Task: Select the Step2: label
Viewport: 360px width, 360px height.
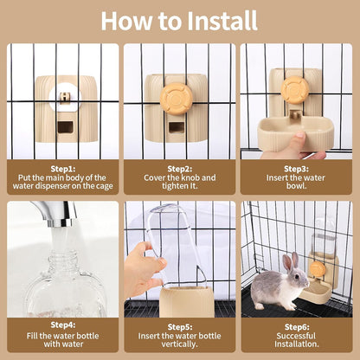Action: tap(179, 169)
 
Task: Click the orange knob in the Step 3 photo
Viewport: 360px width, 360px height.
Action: tap(294, 88)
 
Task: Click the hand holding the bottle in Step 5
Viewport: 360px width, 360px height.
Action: tap(140, 268)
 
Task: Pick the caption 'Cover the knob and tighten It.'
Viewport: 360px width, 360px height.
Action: tap(179, 183)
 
